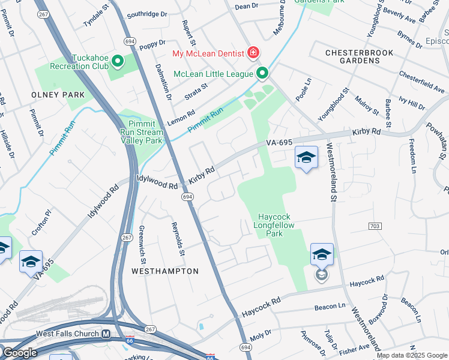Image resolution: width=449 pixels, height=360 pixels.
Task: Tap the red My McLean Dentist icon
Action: [x=253, y=53]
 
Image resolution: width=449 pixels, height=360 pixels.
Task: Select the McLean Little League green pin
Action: [x=262, y=73]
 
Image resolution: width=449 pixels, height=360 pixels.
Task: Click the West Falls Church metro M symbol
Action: [x=106, y=334]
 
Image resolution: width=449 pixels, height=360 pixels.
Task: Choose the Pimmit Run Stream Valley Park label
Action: [x=142, y=133]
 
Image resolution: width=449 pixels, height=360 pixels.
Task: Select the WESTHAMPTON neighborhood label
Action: [x=165, y=271]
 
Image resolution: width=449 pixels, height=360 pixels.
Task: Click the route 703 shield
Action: [x=375, y=225]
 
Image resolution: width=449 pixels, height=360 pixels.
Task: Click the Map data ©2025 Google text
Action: [x=412, y=355]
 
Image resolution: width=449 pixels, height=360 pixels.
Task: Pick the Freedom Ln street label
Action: [x=412, y=155]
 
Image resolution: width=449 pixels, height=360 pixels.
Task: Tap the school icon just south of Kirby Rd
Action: [x=306, y=158]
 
